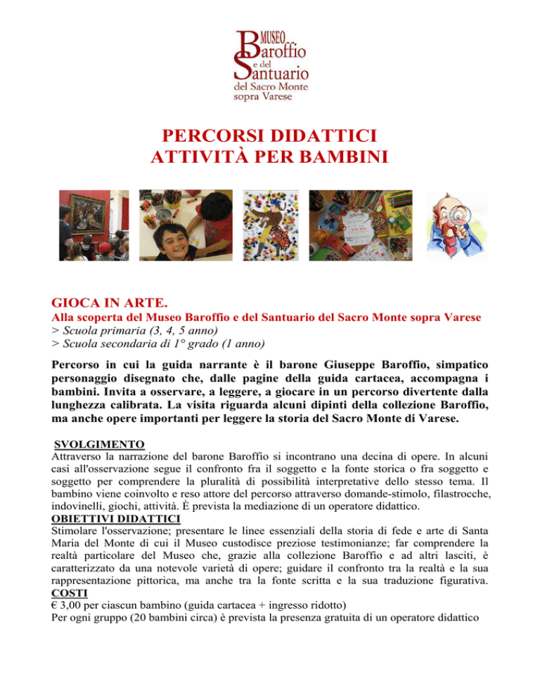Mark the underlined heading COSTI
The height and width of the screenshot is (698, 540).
70,593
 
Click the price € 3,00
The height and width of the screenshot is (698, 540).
72,607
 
